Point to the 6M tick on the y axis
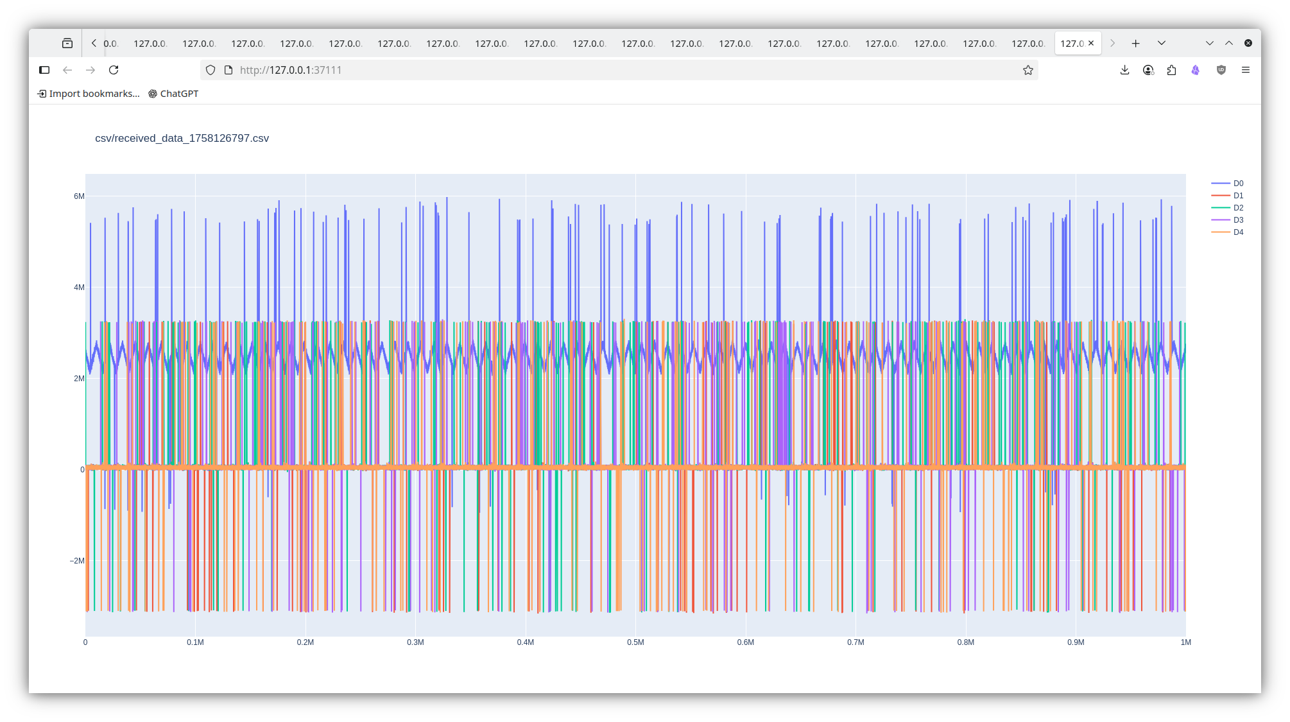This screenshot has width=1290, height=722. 79,196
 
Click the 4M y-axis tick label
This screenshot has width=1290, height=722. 79,288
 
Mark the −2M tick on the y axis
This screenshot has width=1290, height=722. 77,561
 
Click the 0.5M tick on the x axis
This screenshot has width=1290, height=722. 635,642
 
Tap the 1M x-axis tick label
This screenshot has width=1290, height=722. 1185,642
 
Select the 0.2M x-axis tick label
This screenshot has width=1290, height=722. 305,642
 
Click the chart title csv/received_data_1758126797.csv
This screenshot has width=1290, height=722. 182,139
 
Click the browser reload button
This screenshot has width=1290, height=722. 114,70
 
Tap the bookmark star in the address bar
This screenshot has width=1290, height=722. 1028,70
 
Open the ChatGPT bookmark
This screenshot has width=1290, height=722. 173,94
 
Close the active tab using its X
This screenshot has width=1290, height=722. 1091,43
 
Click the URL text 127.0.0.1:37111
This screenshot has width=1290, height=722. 291,70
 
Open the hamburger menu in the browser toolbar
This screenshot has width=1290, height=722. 1246,70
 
